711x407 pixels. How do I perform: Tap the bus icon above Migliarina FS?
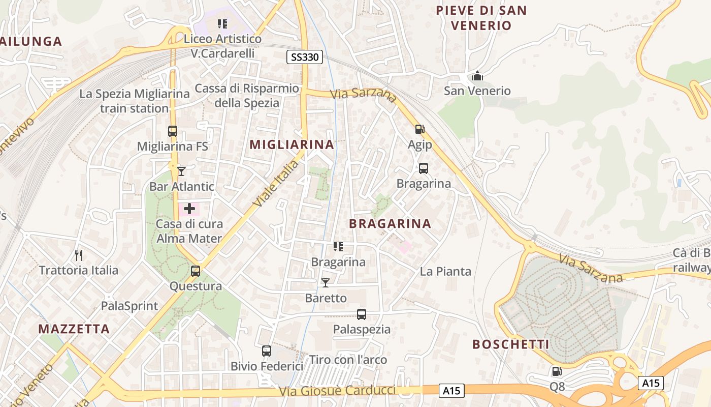pyautogui.click(x=173, y=131)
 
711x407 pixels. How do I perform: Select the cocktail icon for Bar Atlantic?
pyautogui.click(x=181, y=171)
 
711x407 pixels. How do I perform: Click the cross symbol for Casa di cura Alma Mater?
pyautogui.click(x=189, y=209)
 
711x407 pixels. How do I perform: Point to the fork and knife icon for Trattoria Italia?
pyautogui.click(x=78, y=255)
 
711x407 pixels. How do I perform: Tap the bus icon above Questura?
pyautogui.click(x=196, y=271)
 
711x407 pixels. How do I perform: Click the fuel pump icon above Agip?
pyautogui.click(x=419, y=129)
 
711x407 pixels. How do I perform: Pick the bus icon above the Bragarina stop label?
pyautogui.click(x=423, y=168)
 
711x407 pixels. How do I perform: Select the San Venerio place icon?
pyautogui.click(x=477, y=76)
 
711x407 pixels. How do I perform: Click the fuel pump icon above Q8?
pyautogui.click(x=557, y=371)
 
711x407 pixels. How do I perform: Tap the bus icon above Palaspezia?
pyautogui.click(x=362, y=314)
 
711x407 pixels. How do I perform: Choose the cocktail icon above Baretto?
pyautogui.click(x=326, y=283)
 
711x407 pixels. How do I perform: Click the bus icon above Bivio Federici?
pyautogui.click(x=267, y=351)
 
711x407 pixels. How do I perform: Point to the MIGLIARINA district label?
pyautogui.click(x=292, y=144)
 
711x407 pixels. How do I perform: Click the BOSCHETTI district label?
pyautogui.click(x=510, y=344)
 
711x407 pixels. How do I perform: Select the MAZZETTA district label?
pyautogui.click(x=74, y=329)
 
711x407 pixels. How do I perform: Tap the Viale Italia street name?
pyautogui.click(x=276, y=184)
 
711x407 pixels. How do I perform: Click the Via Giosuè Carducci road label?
pyautogui.click(x=337, y=391)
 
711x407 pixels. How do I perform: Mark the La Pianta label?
pyautogui.click(x=445, y=271)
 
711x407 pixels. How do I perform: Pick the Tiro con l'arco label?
pyautogui.click(x=348, y=360)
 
